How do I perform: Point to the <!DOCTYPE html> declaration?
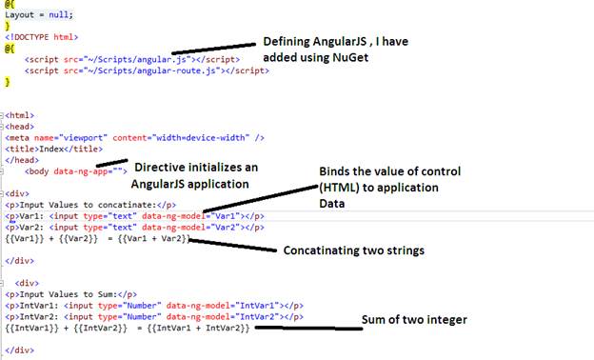[41, 37]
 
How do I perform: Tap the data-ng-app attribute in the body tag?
[84, 170]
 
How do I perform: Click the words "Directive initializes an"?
[195, 168]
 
